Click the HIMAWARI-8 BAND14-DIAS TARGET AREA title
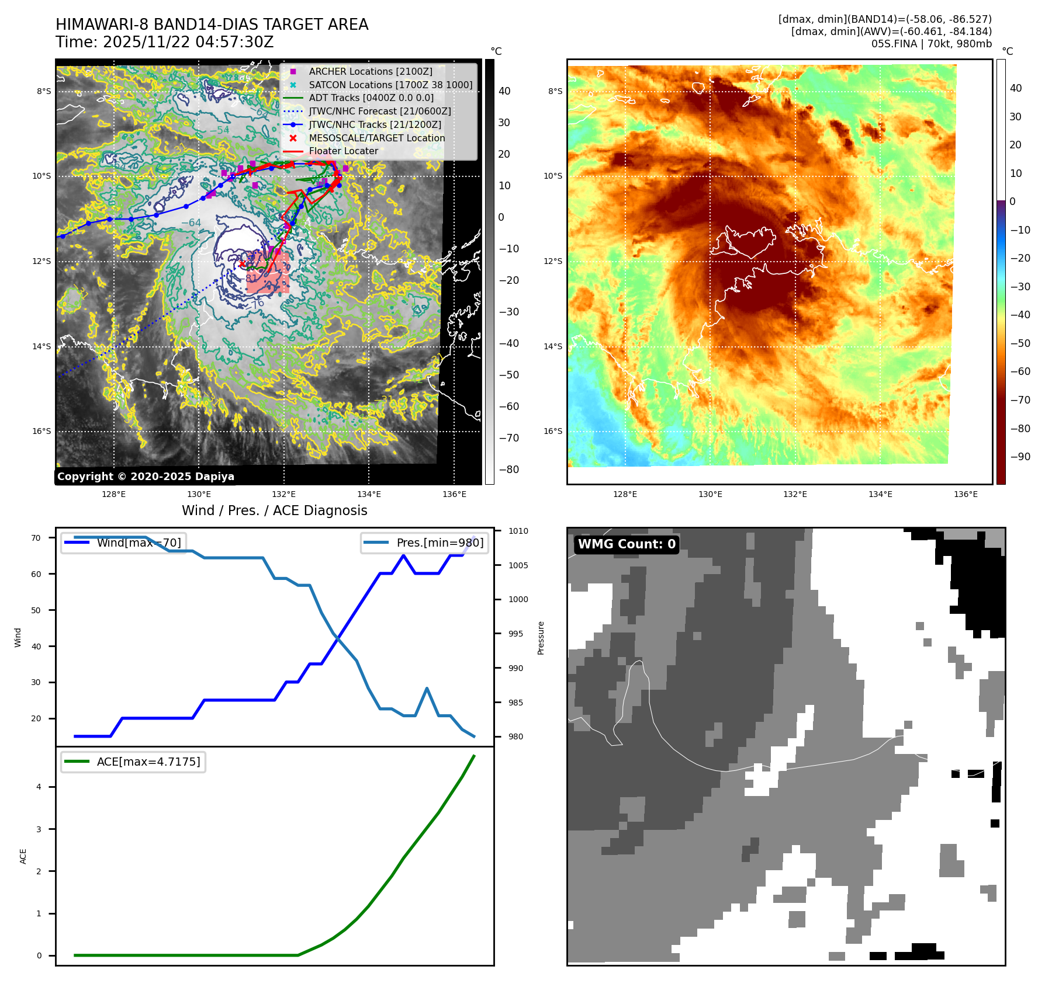pyautogui.click(x=212, y=25)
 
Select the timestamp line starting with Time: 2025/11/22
pyautogui.click(x=164, y=42)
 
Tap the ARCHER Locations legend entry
pyautogui.click(x=371, y=71)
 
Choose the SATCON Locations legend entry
pyautogui.click(x=390, y=85)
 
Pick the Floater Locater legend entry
pyautogui.click(x=343, y=151)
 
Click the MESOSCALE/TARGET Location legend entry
pyautogui.click(x=376, y=138)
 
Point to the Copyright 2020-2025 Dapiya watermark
pyautogui.click(x=146, y=477)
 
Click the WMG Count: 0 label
pyautogui.click(x=627, y=544)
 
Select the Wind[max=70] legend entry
pyautogui.click(x=139, y=543)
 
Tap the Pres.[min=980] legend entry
pyautogui.click(x=440, y=543)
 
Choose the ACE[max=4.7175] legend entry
pyautogui.click(x=148, y=762)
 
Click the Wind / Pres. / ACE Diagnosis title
pyautogui.click(x=274, y=510)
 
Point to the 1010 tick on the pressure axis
pyautogui.click(x=518, y=531)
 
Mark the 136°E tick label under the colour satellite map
pyautogui.click(x=966, y=494)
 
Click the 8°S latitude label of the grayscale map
pyautogui.click(x=44, y=91)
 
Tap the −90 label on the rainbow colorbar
pyautogui.click(x=1020, y=457)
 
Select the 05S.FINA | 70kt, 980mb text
pyautogui.click(x=931, y=44)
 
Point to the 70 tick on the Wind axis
pyautogui.click(x=36, y=538)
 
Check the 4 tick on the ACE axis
pyautogui.click(x=39, y=787)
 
